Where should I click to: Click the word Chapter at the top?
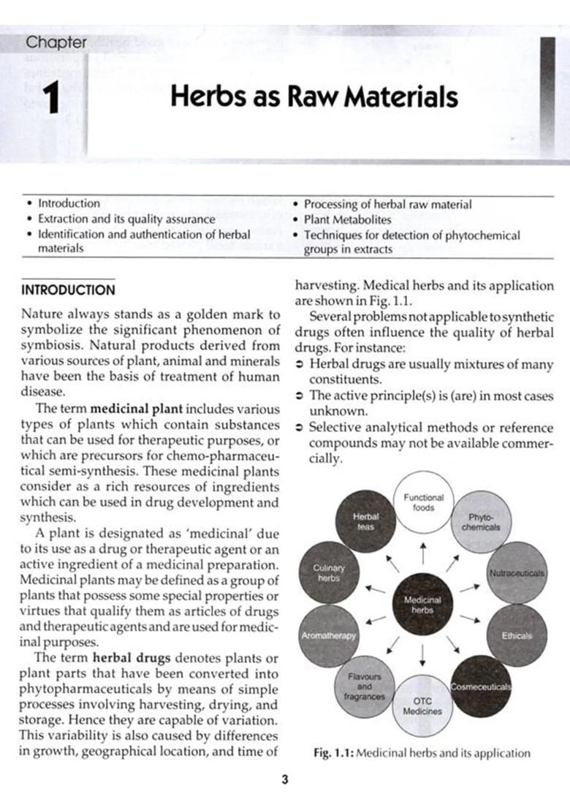coord(56,42)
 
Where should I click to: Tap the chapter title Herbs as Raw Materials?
coord(313,97)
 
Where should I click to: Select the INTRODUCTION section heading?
coord(68,289)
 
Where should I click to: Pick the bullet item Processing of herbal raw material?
coord(387,204)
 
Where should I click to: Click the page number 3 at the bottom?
coord(284,780)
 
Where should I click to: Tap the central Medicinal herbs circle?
coord(422,605)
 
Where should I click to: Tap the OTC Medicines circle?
coord(422,705)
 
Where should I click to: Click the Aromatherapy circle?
coord(328,635)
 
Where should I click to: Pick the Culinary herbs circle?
coord(328,572)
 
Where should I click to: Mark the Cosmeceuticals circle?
coord(480,687)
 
